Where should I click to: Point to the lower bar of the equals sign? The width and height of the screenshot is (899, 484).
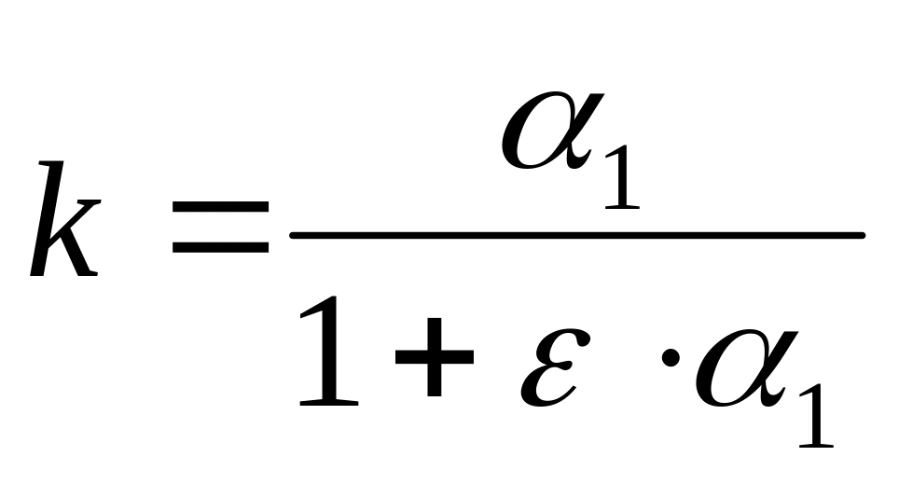[220, 250]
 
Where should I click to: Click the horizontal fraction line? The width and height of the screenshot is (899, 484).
[578, 236]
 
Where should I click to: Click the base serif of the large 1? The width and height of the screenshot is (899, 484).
[329, 403]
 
